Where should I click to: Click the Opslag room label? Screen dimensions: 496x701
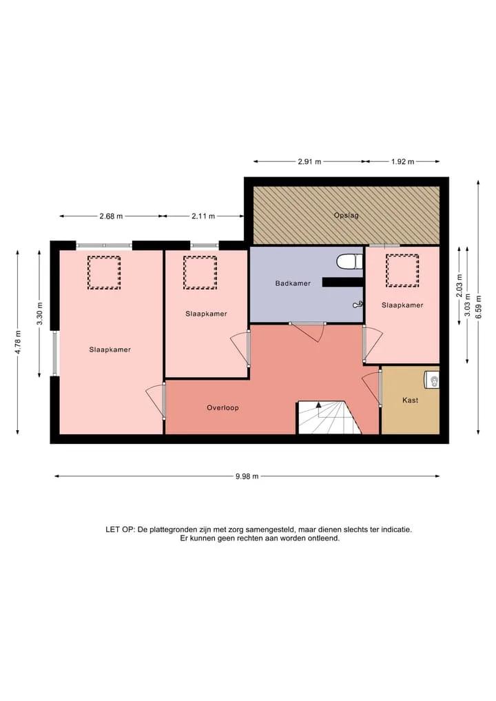pyautogui.click(x=347, y=216)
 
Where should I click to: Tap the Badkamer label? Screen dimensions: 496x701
pyautogui.click(x=293, y=283)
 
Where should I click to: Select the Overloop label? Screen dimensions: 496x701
pyautogui.click(x=223, y=408)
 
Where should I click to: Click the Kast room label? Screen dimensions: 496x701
pyautogui.click(x=410, y=400)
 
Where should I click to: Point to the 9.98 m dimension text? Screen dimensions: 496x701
pyautogui.click(x=247, y=476)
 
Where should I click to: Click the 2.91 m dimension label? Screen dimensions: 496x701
pyautogui.click(x=310, y=162)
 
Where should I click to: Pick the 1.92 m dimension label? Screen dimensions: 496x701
pyautogui.click(x=402, y=162)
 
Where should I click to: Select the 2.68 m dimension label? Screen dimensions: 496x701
pyautogui.click(x=112, y=216)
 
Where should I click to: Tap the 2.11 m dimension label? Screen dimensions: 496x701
pyautogui.click(x=203, y=216)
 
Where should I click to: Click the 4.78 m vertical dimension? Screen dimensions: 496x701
pyautogui.click(x=18, y=343)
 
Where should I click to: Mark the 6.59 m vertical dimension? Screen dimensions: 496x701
pyautogui.click(x=479, y=307)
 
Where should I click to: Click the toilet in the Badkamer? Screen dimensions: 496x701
pyautogui.click(x=349, y=262)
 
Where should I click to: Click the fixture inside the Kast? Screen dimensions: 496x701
pyautogui.click(x=432, y=380)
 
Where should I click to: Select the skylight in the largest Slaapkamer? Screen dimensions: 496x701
pyautogui.click(x=103, y=273)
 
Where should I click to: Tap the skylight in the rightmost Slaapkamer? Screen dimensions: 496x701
pyautogui.click(x=402, y=270)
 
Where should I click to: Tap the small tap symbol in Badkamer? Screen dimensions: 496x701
pyautogui.click(x=358, y=305)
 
